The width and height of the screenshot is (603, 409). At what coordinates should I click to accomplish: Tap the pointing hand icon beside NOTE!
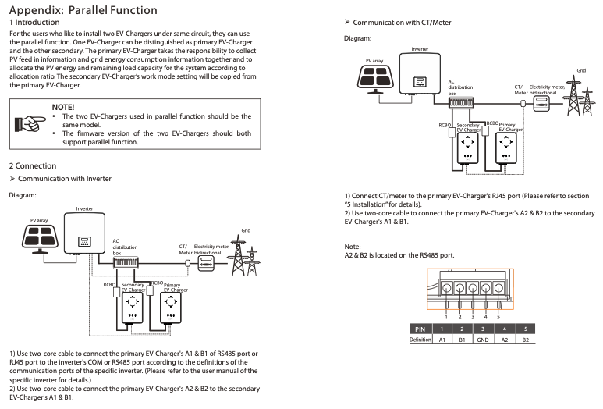(30, 123)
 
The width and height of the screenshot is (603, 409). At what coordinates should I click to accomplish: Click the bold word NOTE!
(63, 106)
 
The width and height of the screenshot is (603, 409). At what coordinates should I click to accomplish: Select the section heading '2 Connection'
(33, 165)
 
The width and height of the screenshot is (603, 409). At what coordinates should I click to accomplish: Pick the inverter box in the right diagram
(419, 73)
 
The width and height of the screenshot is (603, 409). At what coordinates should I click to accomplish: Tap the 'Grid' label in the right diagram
(580, 71)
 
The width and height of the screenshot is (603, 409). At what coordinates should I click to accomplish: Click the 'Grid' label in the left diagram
(245, 231)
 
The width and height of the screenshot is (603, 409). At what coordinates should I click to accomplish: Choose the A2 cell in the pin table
(504, 340)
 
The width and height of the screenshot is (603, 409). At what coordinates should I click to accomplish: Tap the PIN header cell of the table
(421, 329)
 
